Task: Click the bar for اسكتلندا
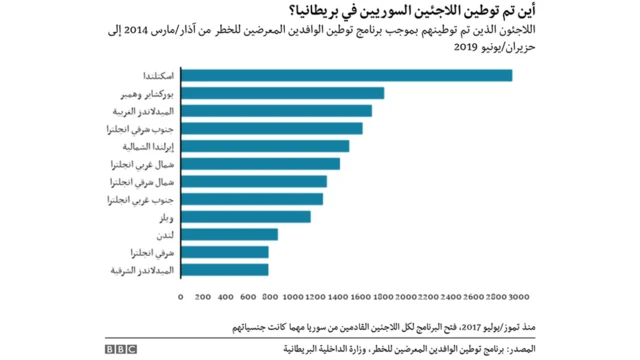[346, 75]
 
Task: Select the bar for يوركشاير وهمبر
[282, 93]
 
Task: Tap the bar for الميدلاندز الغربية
[276, 110]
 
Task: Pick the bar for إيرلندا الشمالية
[264, 146]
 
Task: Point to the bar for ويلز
[245, 216]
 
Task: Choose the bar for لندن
[229, 234]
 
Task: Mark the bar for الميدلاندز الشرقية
[224, 269]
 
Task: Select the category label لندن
[165, 235]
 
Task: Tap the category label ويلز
[165, 217]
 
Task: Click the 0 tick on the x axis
[180, 297]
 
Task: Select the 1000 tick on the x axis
[291, 297]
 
